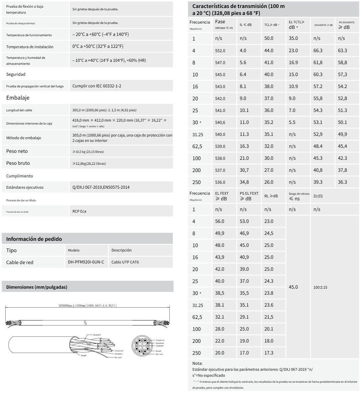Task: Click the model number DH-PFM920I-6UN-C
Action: pos(86,262)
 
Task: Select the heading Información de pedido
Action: pos(34,239)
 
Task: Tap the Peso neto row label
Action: pos(17,151)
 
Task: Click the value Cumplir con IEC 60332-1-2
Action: pos(97,86)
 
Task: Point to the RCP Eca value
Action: pos(79,211)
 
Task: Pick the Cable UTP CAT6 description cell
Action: pos(125,262)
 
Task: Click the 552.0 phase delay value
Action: pos(220,51)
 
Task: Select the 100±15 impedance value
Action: pos(320,287)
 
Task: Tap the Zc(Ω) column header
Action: pos(318,196)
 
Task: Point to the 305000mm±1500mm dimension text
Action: pos(87,305)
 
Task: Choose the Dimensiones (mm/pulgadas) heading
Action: pos(37,287)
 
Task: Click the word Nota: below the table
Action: pos(197,363)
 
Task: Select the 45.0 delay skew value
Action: pos(293,287)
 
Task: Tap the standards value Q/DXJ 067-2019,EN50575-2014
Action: pos(101,187)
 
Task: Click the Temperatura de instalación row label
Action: pos(30,47)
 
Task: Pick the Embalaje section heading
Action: pos(18,98)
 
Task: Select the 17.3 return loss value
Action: pos(269,353)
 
